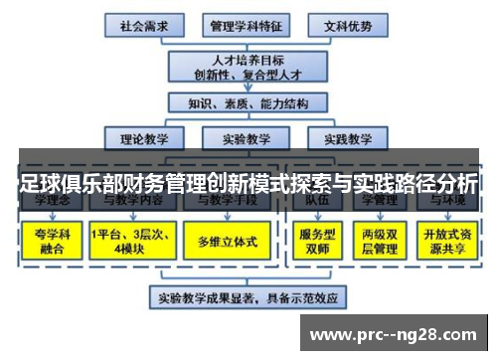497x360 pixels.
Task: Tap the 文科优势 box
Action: click(x=343, y=24)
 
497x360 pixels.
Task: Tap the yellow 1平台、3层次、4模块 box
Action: click(x=126, y=242)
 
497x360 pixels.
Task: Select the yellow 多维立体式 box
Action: click(x=226, y=242)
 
